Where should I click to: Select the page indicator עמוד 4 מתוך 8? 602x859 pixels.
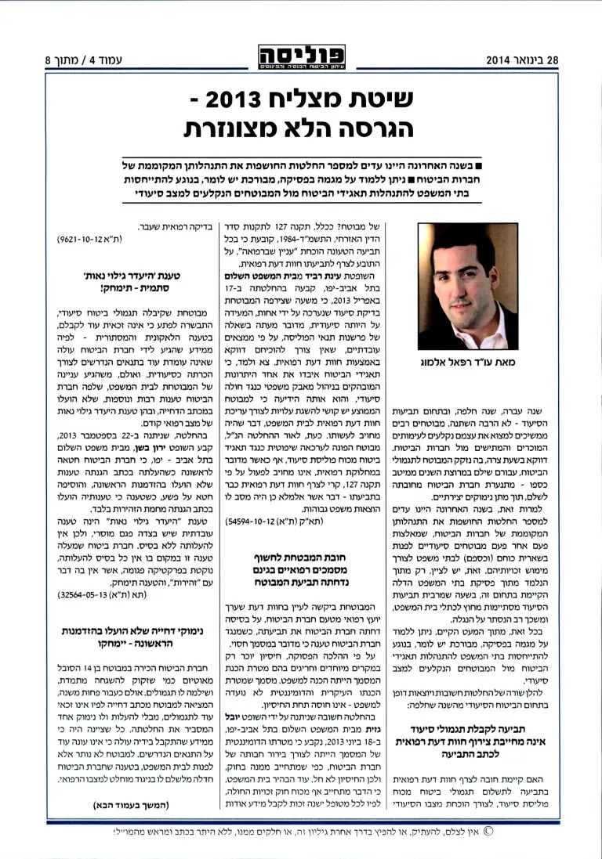[x=78, y=60]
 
